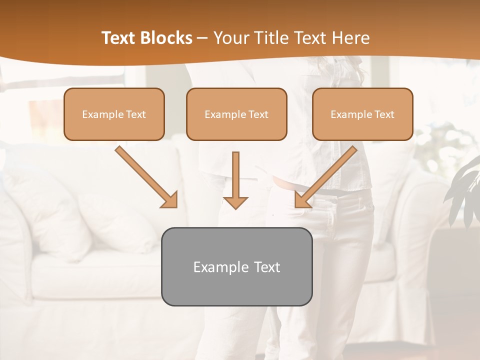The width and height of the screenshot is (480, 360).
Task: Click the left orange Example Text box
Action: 114,114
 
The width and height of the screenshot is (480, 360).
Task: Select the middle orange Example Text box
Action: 236,114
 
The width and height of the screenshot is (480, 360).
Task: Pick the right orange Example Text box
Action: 362,114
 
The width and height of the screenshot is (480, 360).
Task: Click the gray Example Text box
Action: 236,266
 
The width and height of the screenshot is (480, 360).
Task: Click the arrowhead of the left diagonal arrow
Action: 170,200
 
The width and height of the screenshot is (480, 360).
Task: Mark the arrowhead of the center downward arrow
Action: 235,202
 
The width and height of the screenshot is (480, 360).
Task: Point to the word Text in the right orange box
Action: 384,114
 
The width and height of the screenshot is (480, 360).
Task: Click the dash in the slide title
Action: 203,38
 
